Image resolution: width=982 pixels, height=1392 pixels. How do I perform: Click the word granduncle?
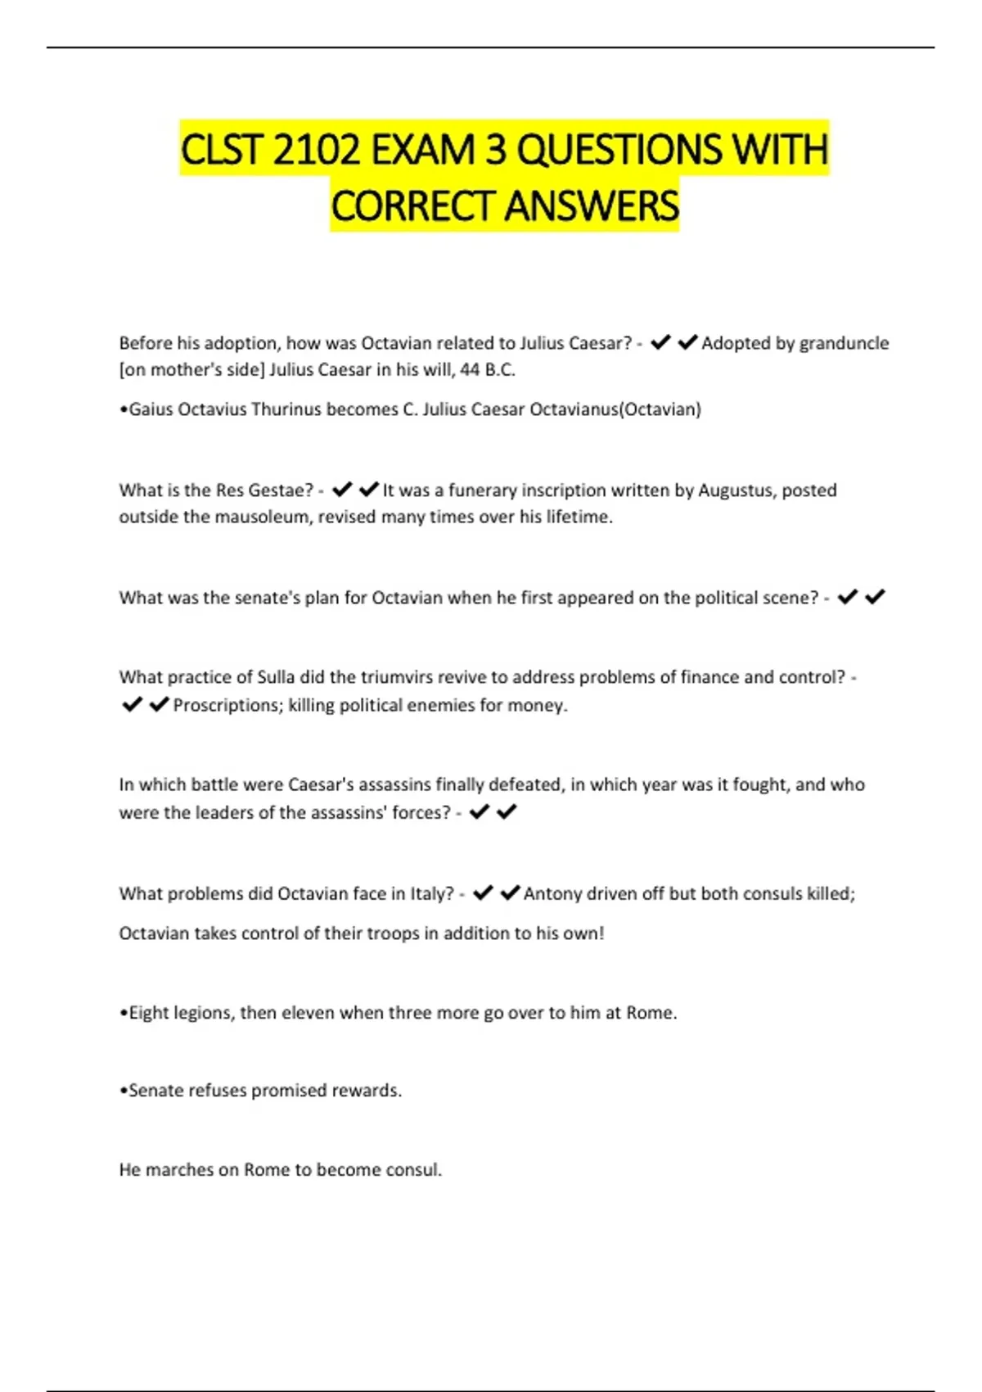pos(844,343)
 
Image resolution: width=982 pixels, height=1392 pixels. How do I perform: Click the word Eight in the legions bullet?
pos(149,1013)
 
